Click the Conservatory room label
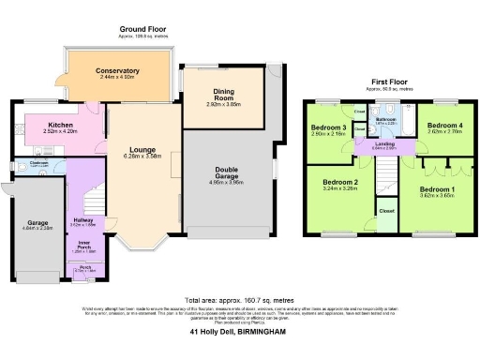[117, 70]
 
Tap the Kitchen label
[62, 125]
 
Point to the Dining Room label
[224, 97]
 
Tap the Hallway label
[83, 220]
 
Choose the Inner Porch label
[83, 245]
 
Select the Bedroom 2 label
[341, 182]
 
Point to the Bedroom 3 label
[331, 127]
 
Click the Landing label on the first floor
[384, 143]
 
